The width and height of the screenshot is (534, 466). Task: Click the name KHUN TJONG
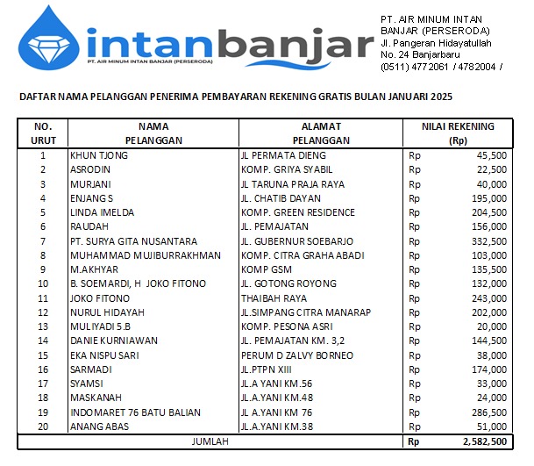98,155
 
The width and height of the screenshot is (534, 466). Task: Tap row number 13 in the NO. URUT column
42,326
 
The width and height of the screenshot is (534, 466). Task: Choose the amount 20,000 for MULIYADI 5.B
490,326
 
